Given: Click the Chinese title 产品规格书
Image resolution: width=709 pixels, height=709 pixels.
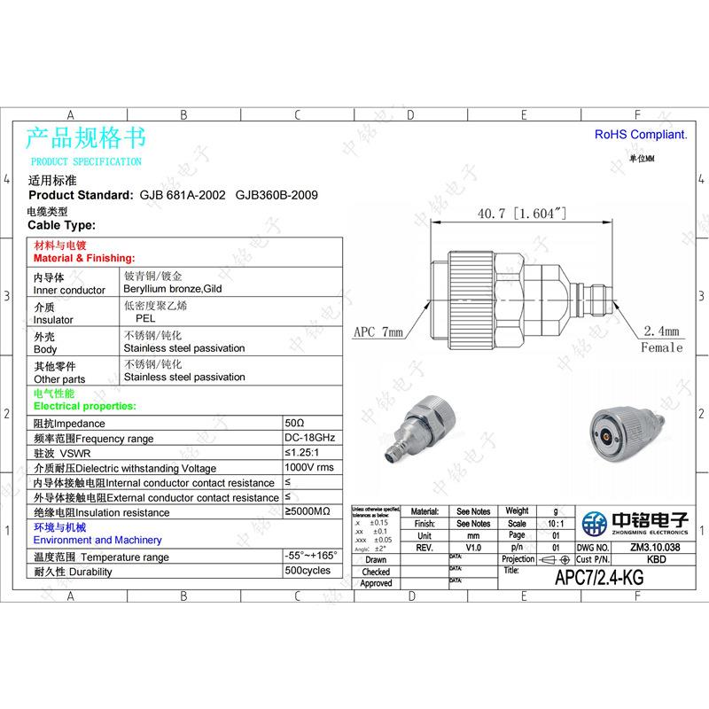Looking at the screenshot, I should (85, 138).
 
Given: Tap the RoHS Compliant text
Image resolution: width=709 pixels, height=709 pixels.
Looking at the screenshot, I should (640, 135).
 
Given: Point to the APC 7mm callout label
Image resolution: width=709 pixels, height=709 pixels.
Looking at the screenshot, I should (378, 332).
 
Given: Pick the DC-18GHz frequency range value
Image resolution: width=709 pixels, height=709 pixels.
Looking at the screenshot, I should (309, 439).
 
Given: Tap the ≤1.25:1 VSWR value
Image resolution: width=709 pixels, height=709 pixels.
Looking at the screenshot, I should (303, 453).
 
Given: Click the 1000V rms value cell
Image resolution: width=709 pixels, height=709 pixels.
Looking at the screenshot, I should (309, 467).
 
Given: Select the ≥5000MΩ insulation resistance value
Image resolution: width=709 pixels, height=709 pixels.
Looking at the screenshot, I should (308, 512).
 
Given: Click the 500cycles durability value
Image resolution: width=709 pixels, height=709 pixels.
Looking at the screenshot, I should (308, 570).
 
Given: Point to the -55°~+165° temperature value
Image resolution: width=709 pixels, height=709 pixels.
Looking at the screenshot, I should (311, 555).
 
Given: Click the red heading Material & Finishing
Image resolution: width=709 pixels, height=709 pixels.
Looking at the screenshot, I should (83, 258).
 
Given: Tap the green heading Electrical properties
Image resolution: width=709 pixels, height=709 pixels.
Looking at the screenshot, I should (84, 405).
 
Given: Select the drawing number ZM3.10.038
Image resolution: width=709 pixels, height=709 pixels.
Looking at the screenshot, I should (655, 548).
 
